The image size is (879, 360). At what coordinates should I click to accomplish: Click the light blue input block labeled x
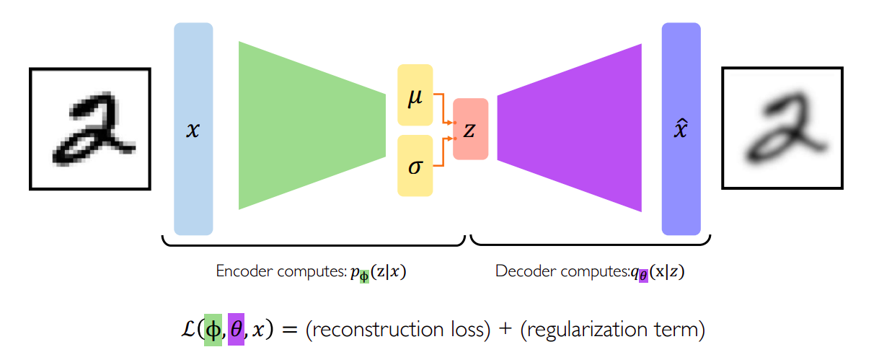193,129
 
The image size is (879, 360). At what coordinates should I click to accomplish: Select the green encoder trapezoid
310,126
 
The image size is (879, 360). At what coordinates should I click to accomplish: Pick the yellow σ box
415,165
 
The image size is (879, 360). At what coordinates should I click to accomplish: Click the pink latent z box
470,129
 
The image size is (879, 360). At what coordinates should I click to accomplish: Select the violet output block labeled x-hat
681,129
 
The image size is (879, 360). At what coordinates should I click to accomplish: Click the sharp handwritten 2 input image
90,128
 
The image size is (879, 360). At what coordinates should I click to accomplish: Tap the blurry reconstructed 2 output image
782,128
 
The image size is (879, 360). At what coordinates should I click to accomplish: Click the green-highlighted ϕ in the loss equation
213,330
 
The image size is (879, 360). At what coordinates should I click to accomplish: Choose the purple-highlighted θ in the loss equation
236,330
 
